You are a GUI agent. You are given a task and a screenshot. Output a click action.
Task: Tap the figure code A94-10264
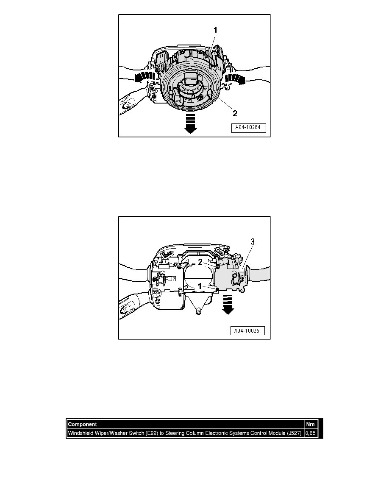[x=248, y=129]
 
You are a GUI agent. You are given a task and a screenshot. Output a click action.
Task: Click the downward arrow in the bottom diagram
[x=228, y=307]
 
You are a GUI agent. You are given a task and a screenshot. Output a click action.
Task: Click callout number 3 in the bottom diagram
[x=253, y=241]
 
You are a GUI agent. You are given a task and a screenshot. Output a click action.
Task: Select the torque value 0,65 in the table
[x=310, y=433]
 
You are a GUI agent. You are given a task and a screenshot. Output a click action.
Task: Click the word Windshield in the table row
[x=81, y=433]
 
